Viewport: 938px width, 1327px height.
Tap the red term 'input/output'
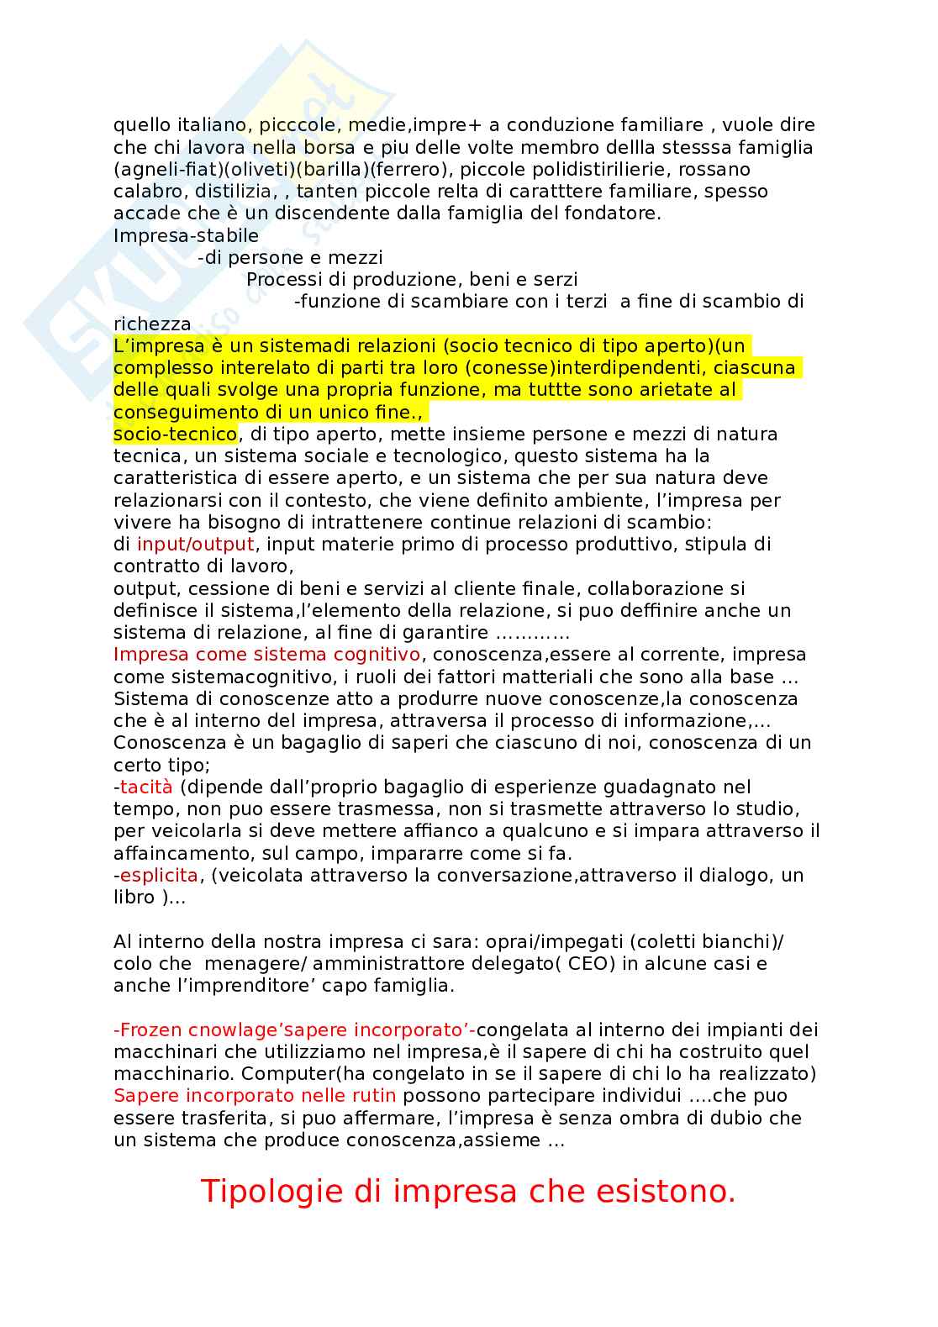tap(195, 544)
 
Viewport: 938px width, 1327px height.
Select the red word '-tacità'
tap(143, 787)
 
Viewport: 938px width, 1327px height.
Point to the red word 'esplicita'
tap(159, 875)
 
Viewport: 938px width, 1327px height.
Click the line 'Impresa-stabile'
tap(186, 235)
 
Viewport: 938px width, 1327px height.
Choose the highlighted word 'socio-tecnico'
tap(175, 434)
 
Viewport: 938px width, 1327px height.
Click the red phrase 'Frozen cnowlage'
tap(211, 1029)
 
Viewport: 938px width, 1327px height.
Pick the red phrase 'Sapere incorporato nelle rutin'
tap(255, 1095)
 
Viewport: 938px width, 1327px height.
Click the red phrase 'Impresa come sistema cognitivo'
tap(266, 654)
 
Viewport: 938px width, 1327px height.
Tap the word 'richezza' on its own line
tap(152, 324)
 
